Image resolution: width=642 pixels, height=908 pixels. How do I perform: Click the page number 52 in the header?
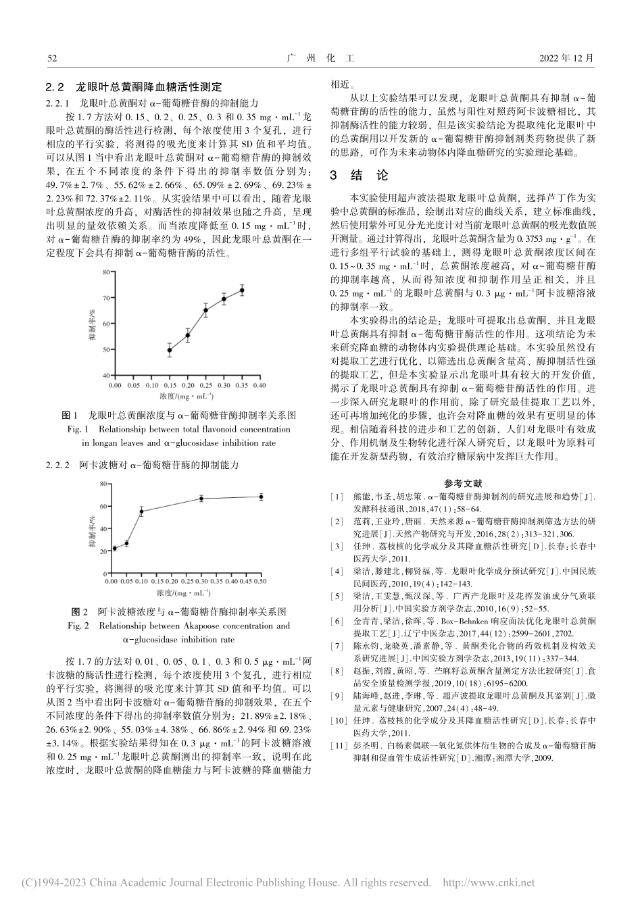pyautogui.click(x=51, y=59)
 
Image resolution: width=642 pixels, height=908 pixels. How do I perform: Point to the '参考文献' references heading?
pyautogui.click(x=463, y=484)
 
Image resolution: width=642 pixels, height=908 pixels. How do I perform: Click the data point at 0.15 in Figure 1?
pyautogui.click(x=169, y=350)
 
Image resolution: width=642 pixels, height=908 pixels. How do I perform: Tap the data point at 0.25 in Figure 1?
pyautogui.click(x=205, y=310)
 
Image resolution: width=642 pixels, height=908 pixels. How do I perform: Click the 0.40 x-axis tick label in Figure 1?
pyautogui.click(x=260, y=385)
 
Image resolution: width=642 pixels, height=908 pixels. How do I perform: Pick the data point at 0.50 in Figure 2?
pyautogui.click(x=261, y=497)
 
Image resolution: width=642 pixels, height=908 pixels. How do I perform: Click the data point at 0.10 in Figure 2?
pyautogui.click(x=141, y=511)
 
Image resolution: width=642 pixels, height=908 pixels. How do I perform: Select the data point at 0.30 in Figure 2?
pyautogui.click(x=201, y=499)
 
